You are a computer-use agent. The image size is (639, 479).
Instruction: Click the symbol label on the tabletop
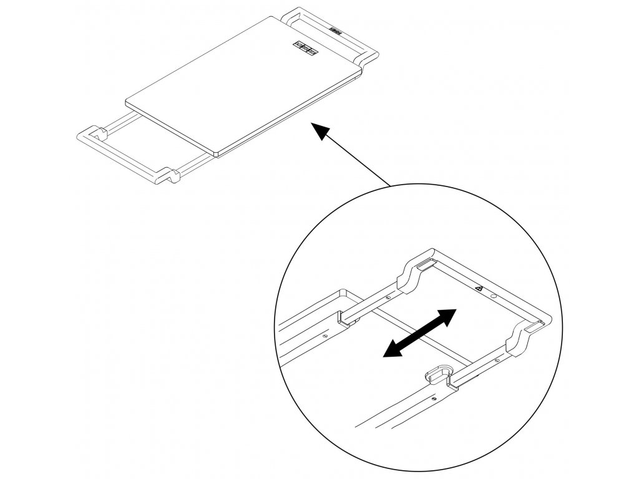point(305,47)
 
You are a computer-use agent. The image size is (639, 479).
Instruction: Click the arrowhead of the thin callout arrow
point(319,131)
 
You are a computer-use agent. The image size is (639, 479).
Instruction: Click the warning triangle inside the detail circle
point(479,289)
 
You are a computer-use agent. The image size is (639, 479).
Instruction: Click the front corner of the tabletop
point(215,152)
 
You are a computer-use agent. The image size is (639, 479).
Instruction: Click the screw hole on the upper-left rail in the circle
point(387,298)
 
